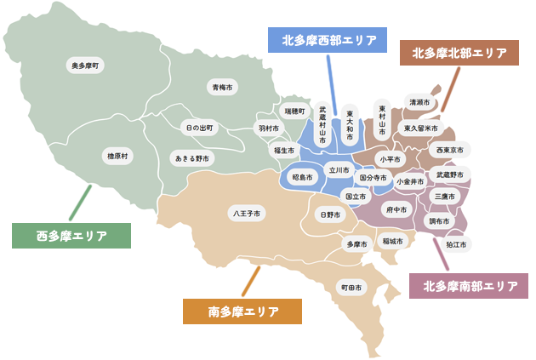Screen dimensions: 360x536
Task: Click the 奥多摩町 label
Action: click(86, 65)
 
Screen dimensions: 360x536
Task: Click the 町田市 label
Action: click(351, 288)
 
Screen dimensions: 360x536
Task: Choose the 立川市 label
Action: click(339, 170)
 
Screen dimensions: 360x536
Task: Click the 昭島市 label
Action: click(302, 178)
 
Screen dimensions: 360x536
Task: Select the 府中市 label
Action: click(396, 209)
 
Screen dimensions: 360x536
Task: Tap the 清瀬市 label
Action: click(419, 103)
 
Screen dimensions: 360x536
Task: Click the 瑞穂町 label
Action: click(294, 111)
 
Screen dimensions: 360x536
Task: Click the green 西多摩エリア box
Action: click(71, 236)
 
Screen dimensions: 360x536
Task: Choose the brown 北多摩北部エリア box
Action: click(459, 53)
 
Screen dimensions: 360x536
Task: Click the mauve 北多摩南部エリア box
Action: click(470, 286)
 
